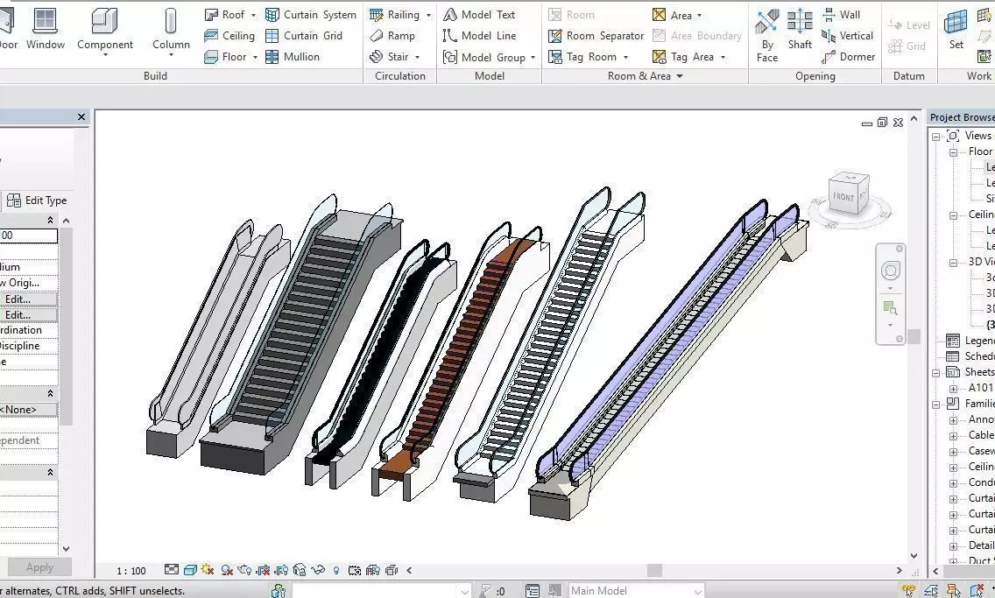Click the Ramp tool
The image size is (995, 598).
point(392,36)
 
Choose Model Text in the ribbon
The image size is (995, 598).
point(478,15)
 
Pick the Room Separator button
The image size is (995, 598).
point(596,36)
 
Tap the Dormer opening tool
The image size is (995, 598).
point(848,57)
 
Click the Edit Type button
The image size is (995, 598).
point(37,201)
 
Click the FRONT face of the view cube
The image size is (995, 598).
point(843,197)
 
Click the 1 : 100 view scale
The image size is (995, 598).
point(131,571)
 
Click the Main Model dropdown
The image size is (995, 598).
point(636,591)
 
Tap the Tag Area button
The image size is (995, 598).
point(689,57)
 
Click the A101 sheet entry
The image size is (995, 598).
point(980,388)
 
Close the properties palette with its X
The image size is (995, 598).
point(81,117)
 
